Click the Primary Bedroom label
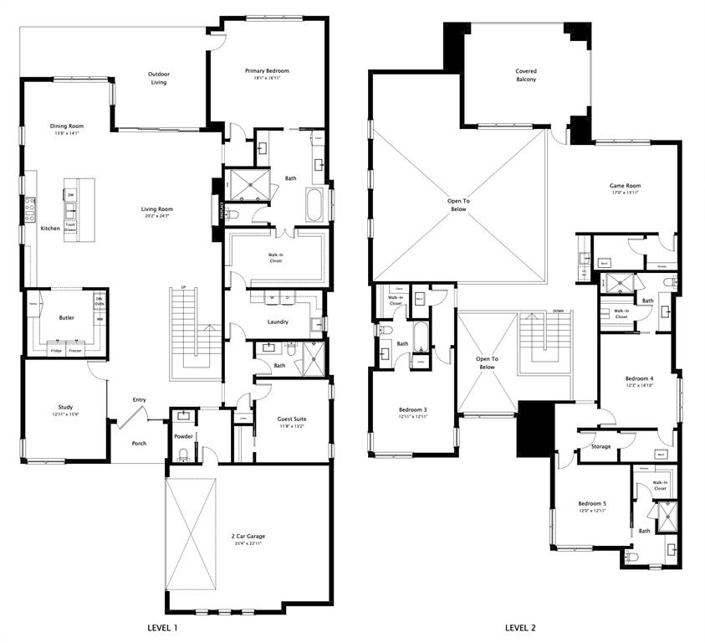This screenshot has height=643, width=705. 267,71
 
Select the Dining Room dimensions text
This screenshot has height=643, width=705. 66,133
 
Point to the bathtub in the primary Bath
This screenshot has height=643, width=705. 314,204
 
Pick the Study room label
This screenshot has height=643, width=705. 65,407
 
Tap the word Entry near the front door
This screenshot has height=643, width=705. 139,400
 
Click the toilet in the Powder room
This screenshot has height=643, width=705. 183,455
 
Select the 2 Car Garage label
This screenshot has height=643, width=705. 248,536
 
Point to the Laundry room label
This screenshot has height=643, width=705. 278,321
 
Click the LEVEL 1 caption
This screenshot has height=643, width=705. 161,627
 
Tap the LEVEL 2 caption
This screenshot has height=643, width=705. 520,627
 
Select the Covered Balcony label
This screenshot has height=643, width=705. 526,75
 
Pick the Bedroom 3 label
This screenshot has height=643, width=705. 413,409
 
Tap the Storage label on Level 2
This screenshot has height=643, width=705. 600,446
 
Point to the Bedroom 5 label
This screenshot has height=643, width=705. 592,503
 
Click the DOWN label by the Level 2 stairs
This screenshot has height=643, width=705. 558,311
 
